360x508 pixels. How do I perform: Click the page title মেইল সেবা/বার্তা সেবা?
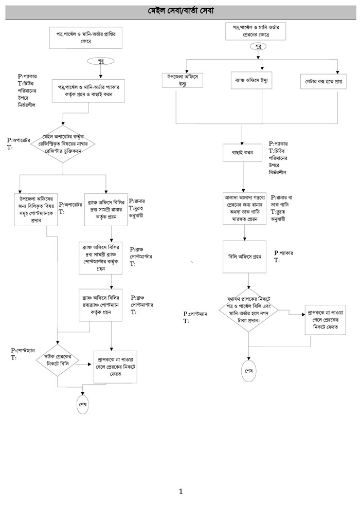[180, 11]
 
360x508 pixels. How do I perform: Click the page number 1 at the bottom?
[181, 491]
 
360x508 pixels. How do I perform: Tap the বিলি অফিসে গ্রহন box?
[245, 256]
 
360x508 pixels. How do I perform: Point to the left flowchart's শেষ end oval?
[82, 404]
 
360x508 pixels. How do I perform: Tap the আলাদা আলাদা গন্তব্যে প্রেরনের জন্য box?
[245, 207]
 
